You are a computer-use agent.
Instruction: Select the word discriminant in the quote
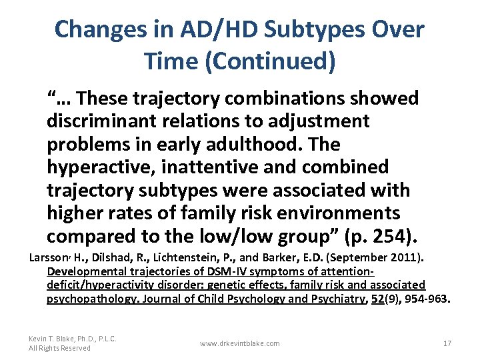[103, 121]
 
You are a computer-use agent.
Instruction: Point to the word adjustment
[313, 121]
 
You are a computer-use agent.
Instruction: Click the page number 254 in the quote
[377, 235]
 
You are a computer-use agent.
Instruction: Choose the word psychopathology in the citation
[85, 299]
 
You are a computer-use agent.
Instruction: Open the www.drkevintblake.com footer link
[239, 343]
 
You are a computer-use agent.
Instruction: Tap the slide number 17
[447, 343]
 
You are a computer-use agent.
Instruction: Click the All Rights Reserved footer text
[59, 348]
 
